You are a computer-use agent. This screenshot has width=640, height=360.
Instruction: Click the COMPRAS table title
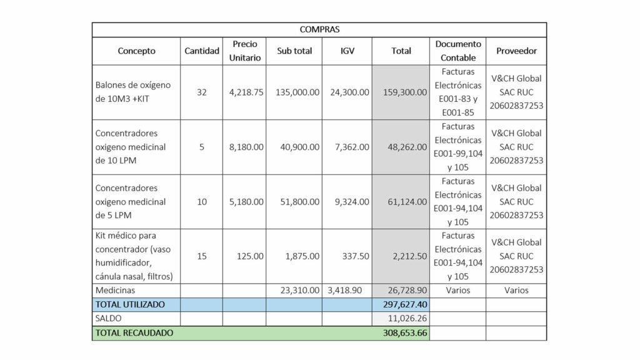coord(319,29)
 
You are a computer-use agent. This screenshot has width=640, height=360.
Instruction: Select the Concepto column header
coord(136,51)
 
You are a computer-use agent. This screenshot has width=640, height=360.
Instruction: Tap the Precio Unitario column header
coord(245,51)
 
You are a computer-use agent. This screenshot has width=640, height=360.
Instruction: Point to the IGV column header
coord(347,51)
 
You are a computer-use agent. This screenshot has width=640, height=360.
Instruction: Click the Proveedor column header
coord(516,51)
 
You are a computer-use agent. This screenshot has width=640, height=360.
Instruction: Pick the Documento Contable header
coord(458,51)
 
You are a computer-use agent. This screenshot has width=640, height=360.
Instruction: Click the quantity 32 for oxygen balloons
coord(202,92)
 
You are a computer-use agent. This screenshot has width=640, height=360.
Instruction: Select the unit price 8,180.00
coord(246,147)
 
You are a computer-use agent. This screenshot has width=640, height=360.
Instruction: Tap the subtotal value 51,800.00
coord(299,202)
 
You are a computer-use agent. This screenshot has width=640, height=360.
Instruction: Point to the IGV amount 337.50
coord(356,256)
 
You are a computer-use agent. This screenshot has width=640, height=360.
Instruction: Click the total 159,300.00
coord(405,92)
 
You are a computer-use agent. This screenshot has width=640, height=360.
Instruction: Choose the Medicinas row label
coord(115,290)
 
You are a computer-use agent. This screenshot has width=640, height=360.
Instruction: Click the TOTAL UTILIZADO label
coord(130,304)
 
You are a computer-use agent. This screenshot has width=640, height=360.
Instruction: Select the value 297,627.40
coord(405,304)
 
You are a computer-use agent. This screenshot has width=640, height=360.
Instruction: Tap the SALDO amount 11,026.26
coord(407,318)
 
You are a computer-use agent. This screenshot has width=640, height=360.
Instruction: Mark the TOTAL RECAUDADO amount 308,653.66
coord(405,333)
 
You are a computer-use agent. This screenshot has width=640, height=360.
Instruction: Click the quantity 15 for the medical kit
coord(202,256)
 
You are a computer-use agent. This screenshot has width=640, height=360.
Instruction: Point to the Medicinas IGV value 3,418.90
coord(344,290)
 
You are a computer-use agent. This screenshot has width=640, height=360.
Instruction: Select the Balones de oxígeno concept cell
coord(133,92)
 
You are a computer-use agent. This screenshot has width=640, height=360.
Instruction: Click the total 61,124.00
coord(407,202)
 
